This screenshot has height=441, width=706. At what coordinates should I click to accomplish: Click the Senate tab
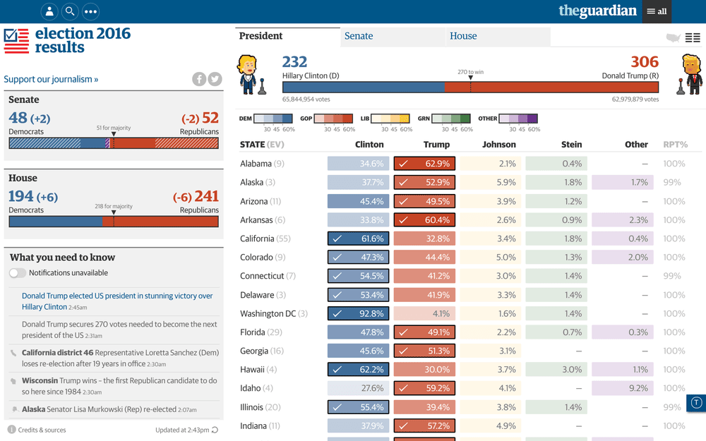pyautogui.click(x=392, y=37)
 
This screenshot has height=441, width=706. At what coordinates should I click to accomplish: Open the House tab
pyautogui.click(x=498, y=37)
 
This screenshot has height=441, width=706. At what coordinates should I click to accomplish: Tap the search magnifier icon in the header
pyautogui.click(x=70, y=11)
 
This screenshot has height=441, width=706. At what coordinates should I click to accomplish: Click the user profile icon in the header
pyautogui.click(x=49, y=11)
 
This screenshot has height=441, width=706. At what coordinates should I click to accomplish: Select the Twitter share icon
pyautogui.click(x=215, y=79)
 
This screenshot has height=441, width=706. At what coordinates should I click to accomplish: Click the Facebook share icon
pyautogui.click(x=199, y=79)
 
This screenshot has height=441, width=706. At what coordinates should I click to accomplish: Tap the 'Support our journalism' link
pyautogui.click(x=51, y=79)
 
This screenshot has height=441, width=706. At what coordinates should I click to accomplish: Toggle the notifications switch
pyautogui.click(x=18, y=272)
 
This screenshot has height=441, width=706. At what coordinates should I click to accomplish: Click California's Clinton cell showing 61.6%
pyautogui.click(x=359, y=238)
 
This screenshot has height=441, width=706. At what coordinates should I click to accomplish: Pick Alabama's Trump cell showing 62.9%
pyautogui.click(x=424, y=164)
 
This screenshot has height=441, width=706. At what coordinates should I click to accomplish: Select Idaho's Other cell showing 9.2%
pyautogui.click(x=623, y=388)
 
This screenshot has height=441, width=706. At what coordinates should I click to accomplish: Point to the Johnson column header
pyautogui.click(x=499, y=145)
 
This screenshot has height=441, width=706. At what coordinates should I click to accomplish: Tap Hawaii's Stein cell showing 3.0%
pyautogui.click(x=556, y=370)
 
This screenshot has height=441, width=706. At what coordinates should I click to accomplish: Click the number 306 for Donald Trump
pyautogui.click(x=645, y=61)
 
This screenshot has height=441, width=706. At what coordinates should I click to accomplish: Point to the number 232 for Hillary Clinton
pyautogui.click(x=294, y=61)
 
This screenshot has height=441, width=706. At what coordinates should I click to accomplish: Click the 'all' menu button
pyautogui.click(x=657, y=11)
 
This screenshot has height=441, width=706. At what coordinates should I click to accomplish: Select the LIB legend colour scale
pyautogui.click(x=390, y=119)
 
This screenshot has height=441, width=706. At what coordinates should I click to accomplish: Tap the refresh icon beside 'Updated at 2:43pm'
pyautogui.click(x=215, y=430)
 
